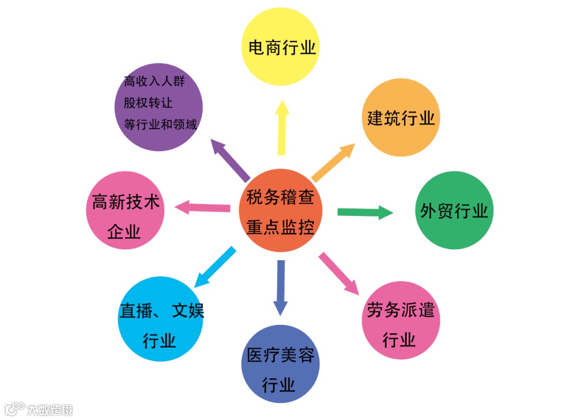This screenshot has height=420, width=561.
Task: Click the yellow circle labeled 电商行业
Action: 280,47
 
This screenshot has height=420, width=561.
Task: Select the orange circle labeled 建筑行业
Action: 400,118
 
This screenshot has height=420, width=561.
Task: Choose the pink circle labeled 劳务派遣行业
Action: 400,320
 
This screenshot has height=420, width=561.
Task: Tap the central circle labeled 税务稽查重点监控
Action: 280,211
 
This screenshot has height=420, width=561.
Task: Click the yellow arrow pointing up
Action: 282,127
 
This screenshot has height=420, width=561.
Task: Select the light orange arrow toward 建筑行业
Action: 333,162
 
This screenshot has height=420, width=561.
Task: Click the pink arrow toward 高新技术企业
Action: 203,208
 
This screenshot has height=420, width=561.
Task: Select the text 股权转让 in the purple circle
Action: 148,103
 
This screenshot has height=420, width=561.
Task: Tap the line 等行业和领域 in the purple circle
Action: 160,125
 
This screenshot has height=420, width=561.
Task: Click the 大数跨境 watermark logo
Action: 38,409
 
